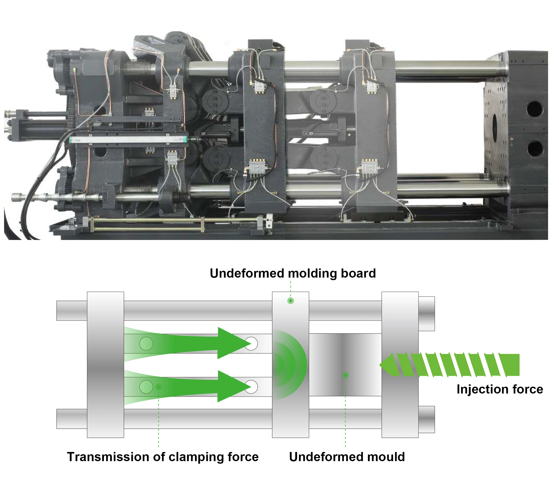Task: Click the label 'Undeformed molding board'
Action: tap(293, 273)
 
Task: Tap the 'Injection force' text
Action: tap(500, 389)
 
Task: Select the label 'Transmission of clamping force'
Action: tap(163, 457)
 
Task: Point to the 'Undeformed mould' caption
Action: tap(347, 457)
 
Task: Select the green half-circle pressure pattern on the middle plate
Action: tap(290, 365)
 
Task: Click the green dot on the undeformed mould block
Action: tap(345, 375)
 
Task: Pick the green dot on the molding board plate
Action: tap(291, 300)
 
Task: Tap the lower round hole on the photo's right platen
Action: tap(534, 148)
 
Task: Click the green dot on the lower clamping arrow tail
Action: tap(159, 387)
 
